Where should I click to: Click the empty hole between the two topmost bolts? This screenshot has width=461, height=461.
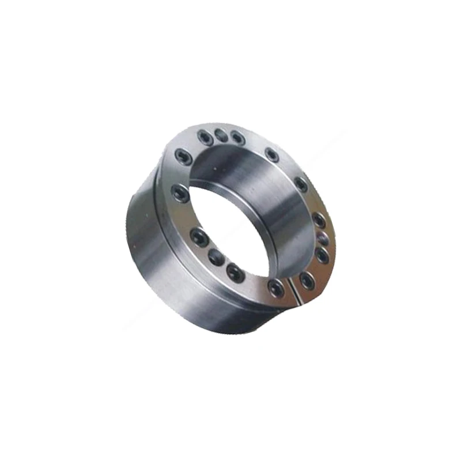[x=221, y=135]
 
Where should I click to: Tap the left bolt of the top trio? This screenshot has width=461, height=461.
[x=205, y=137]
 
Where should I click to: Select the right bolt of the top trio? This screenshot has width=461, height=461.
[x=237, y=138]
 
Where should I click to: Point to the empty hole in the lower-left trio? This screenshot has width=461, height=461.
[x=217, y=258]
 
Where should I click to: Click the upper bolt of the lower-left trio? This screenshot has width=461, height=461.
[x=199, y=237]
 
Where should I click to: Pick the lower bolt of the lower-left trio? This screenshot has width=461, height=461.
[x=235, y=273]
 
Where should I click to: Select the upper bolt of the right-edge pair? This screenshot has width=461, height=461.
[x=319, y=220]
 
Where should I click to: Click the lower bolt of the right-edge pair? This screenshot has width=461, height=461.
[x=322, y=254]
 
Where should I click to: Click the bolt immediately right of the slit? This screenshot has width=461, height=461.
[x=307, y=281]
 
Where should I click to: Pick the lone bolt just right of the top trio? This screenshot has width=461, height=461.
[x=271, y=154]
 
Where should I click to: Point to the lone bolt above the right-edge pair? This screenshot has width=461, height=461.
[x=301, y=184]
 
